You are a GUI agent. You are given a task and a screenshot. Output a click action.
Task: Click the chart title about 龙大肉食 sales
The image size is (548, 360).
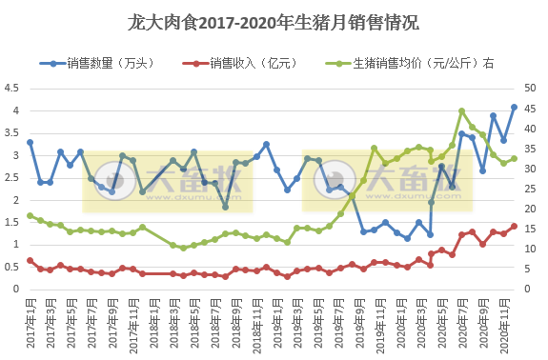pos(274,21)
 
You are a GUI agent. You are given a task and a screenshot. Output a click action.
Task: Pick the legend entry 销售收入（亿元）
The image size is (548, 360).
pos(242,64)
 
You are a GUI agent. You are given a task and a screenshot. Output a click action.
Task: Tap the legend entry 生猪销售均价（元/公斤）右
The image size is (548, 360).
pos(411,64)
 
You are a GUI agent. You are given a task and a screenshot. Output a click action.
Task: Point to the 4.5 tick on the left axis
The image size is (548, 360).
pos(11,88)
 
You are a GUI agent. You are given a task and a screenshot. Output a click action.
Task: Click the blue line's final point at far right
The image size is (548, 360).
pos(515,107)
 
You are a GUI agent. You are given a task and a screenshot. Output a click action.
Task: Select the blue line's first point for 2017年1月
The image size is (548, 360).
pos(30,142)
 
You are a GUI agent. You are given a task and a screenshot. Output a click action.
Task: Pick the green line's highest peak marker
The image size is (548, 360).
pos(462,110)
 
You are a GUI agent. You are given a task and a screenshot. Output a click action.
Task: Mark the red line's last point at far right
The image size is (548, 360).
pos(515,226)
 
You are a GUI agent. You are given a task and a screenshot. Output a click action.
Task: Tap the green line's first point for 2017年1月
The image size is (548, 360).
pos(30,215)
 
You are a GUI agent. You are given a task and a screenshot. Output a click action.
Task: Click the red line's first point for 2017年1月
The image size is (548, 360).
pos(30,260)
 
